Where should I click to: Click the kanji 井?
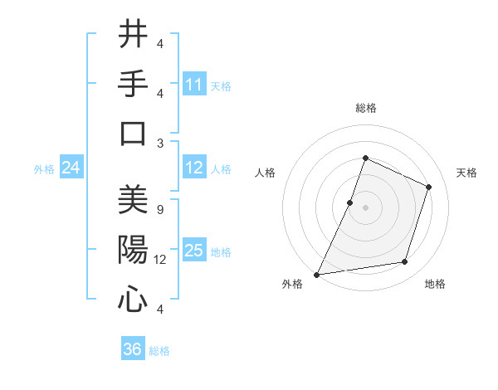(134, 35)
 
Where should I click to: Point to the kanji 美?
(134, 201)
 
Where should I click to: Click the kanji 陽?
(134, 250)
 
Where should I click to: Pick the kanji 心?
(134, 300)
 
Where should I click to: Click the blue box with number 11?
(194, 85)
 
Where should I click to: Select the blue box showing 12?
(194, 168)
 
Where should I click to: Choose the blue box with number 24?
(71, 168)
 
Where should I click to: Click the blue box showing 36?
(133, 349)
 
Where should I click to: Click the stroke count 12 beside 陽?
(161, 260)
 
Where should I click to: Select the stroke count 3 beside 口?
(159, 143)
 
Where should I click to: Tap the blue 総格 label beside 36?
(159, 351)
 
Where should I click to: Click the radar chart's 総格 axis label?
(365, 108)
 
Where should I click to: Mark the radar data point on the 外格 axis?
(317, 274)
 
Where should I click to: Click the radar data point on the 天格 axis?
(429, 187)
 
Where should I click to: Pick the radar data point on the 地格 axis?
(405, 262)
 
